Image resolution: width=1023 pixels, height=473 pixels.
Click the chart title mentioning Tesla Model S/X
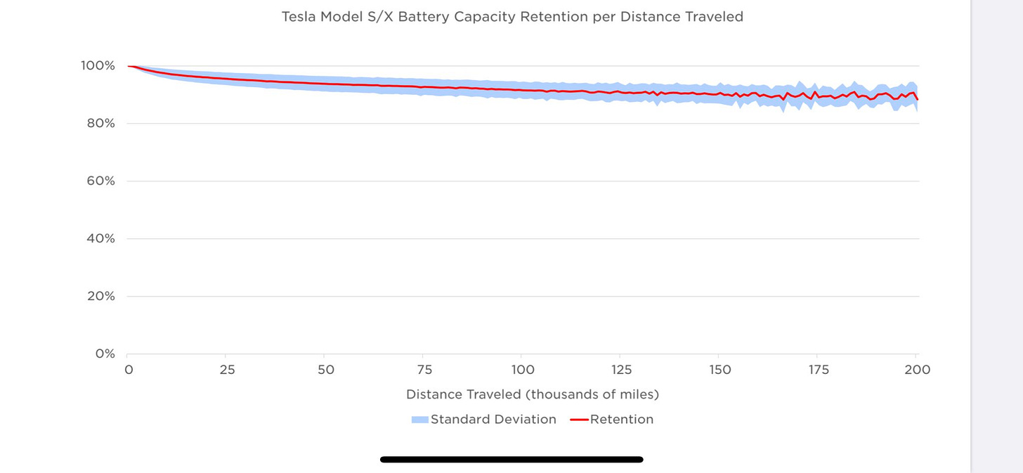[x=512, y=17]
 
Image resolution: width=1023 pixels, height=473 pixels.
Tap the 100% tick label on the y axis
[x=98, y=66]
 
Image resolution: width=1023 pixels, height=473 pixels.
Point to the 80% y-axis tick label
[x=100, y=124]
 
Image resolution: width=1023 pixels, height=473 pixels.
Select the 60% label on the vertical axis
[x=100, y=181]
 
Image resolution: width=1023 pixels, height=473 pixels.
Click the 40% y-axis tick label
[x=100, y=239]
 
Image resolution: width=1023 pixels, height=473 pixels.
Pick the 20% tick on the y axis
[x=100, y=297]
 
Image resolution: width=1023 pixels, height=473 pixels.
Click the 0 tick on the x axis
[x=129, y=370]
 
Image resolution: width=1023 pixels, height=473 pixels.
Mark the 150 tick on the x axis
[x=719, y=370]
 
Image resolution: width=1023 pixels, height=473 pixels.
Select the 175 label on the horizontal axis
[x=817, y=370]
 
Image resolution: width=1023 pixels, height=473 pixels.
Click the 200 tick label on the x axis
[x=916, y=370]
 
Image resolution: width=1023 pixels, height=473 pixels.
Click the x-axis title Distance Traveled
[x=533, y=395]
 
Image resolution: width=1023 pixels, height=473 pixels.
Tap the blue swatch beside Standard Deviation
[x=419, y=420]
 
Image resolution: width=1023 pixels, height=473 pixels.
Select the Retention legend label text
[x=621, y=420]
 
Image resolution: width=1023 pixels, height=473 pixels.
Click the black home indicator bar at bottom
[x=511, y=460]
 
